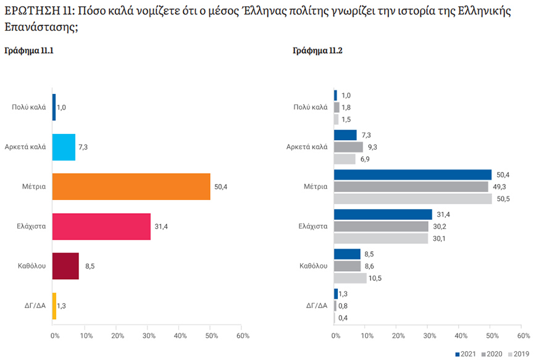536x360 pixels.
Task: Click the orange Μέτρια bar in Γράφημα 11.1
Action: tap(131, 186)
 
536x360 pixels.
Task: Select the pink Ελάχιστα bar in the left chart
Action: tap(101, 226)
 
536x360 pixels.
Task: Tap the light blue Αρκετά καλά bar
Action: tap(64, 147)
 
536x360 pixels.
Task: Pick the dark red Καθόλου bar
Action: tap(65, 266)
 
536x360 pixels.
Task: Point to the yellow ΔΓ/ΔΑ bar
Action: tap(54, 306)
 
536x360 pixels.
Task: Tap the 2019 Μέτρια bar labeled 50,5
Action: tap(412, 199)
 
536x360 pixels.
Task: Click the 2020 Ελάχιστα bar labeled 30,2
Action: tap(380, 227)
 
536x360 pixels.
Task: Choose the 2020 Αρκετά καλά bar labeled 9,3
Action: tap(348, 147)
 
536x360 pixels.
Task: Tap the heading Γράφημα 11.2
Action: tap(317, 51)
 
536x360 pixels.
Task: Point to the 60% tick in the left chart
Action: tap(243, 335)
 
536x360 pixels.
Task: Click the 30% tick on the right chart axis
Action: tap(429, 335)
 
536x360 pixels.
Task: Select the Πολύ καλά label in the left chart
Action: tap(28, 107)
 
